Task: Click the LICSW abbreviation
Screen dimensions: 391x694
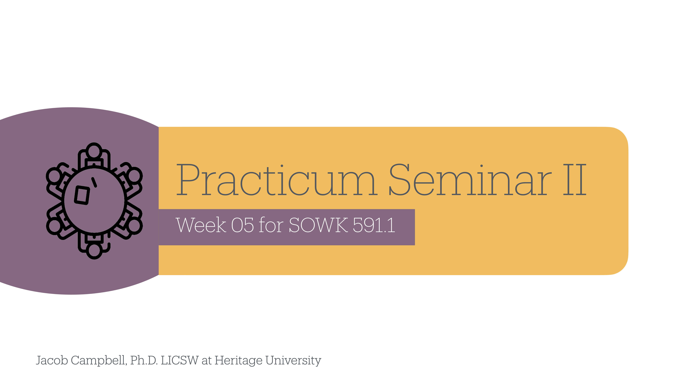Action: [x=179, y=361]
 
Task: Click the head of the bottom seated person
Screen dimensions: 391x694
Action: [x=94, y=250]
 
